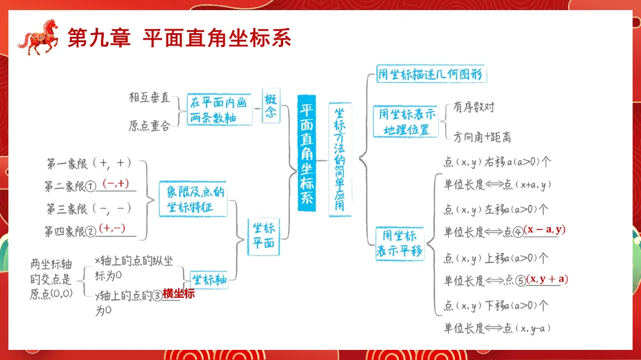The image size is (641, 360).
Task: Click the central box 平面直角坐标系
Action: pyautogui.click(x=306, y=154)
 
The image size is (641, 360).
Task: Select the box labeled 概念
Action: pyautogui.click(x=271, y=107)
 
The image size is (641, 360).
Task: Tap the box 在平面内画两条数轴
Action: pyautogui.click(x=217, y=109)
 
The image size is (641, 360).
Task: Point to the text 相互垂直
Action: pyautogui.click(x=149, y=97)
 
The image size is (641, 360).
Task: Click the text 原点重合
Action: pyautogui.click(x=149, y=126)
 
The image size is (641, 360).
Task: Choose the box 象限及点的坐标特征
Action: pyautogui.click(x=193, y=199)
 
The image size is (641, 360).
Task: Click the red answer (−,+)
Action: pyautogui.click(x=116, y=184)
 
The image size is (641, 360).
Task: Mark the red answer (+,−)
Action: pyautogui.click(x=112, y=228)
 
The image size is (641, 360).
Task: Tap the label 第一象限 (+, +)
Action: pyautogui.click(x=89, y=163)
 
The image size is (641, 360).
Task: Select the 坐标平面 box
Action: pyautogui.click(x=264, y=235)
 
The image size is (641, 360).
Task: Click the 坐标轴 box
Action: pyautogui.click(x=210, y=279)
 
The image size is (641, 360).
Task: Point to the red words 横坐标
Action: pyautogui.click(x=179, y=294)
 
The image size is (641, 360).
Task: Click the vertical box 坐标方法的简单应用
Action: pyautogui.click(x=339, y=159)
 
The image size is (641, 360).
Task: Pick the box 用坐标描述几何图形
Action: pyautogui.click(x=431, y=75)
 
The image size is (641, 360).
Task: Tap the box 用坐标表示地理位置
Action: pyautogui.click(x=407, y=122)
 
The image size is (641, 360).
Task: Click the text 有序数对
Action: pyautogui.click(x=474, y=107)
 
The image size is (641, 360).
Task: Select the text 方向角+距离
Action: pyautogui.click(x=482, y=137)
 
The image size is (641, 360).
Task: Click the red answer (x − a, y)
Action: pyautogui.click(x=545, y=230)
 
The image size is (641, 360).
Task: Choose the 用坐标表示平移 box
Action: pyautogui.click(x=399, y=243)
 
